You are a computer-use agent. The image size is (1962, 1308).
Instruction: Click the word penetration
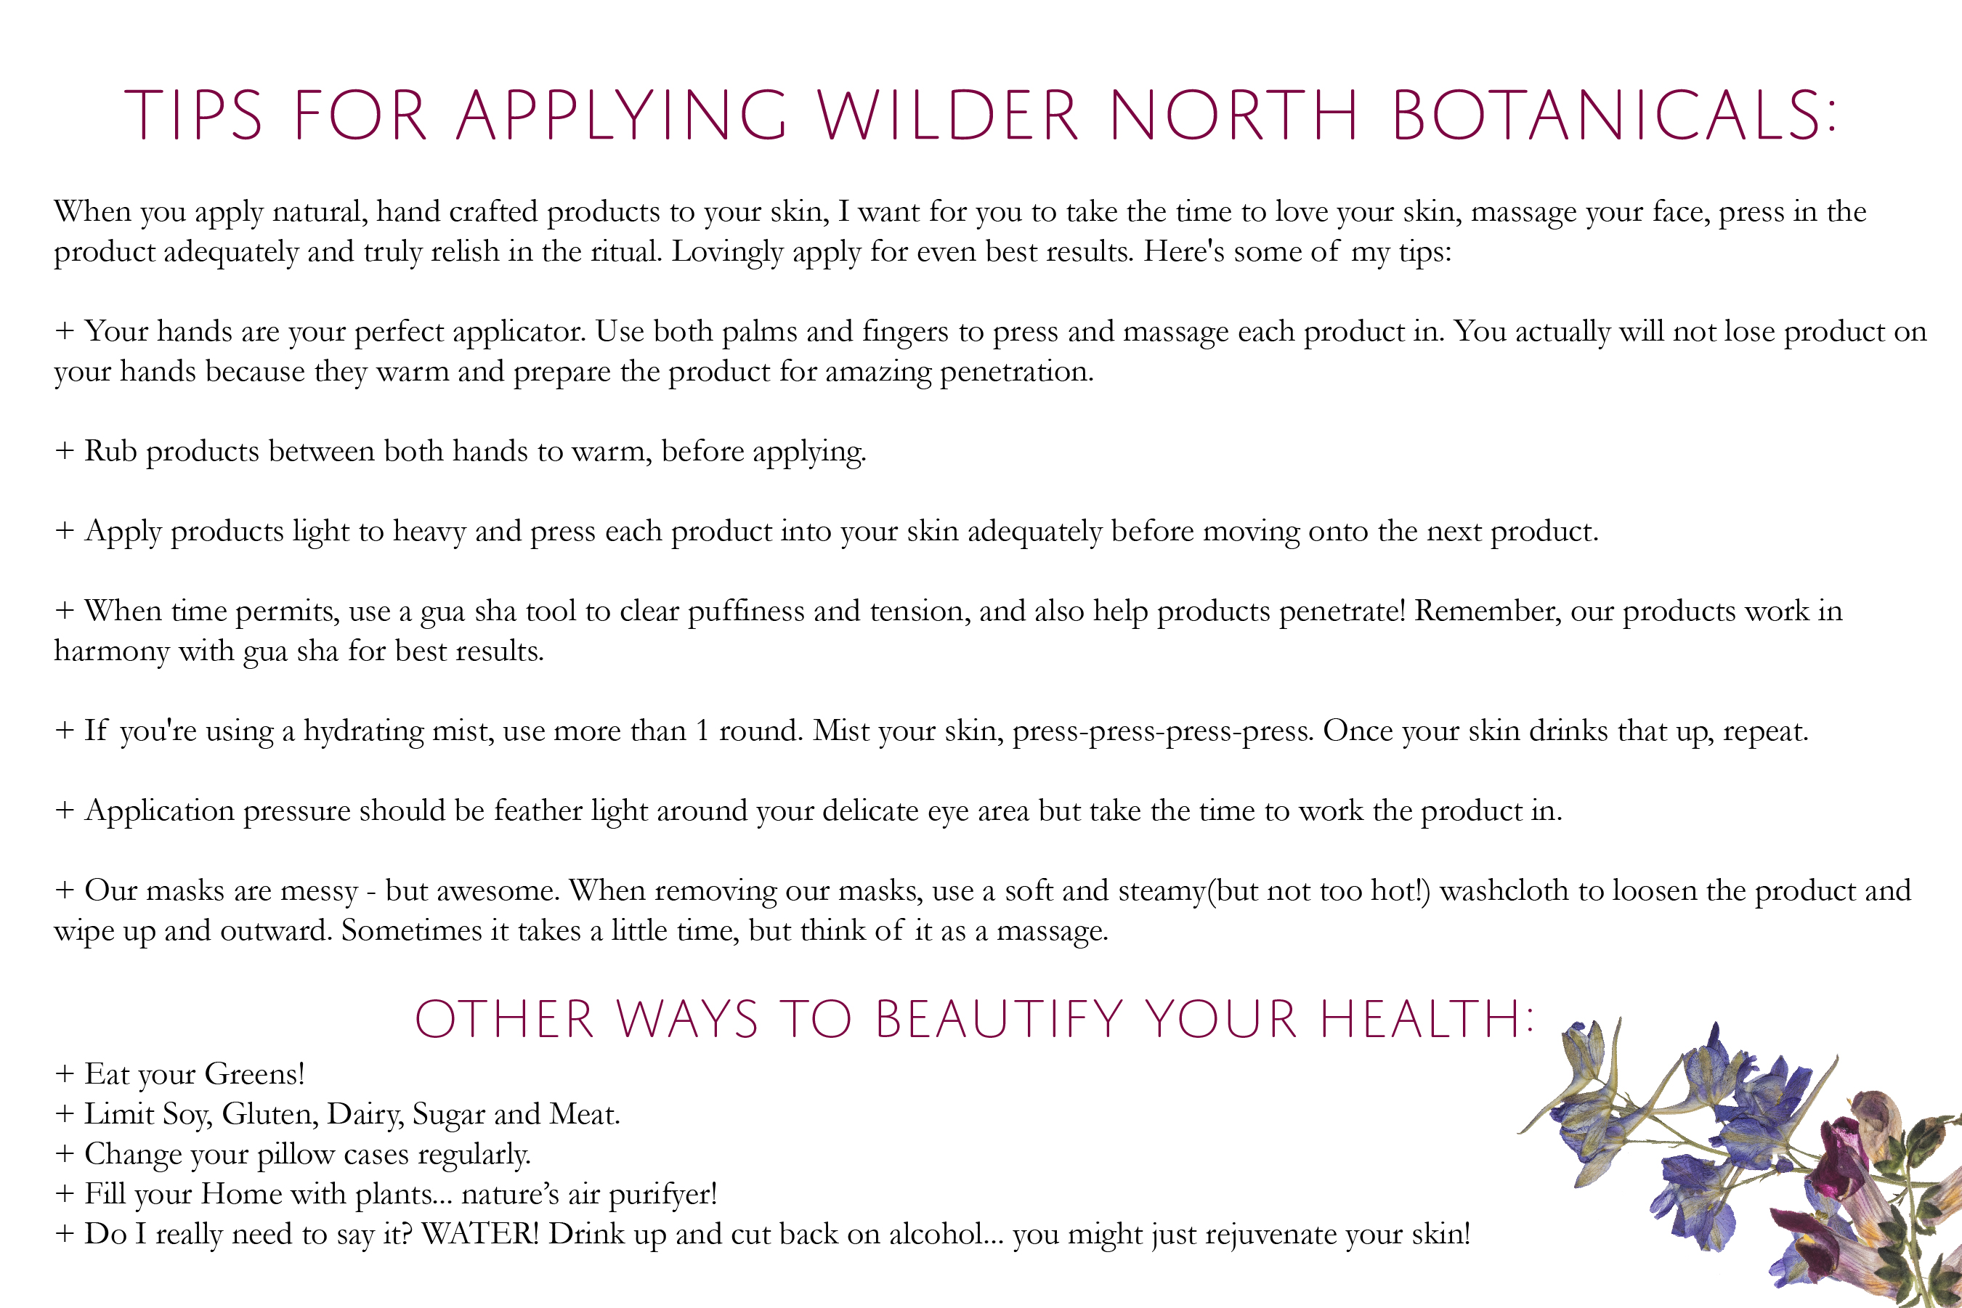coord(1017,372)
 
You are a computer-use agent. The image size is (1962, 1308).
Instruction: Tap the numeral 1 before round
coord(702,731)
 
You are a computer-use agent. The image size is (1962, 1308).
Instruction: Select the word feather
coord(538,810)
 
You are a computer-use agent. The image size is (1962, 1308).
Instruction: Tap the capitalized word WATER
coord(480,1234)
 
